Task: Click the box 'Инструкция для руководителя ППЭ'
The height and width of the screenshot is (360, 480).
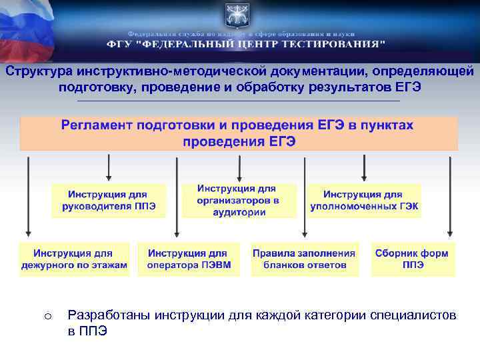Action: (109, 200)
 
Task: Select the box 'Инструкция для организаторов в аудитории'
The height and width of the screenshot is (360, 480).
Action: (238, 200)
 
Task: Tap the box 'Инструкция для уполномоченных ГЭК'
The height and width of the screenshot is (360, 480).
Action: (364, 200)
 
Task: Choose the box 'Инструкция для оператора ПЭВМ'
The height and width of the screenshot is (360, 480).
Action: (188, 259)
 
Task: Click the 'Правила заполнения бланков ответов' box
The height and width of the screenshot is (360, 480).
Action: (304, 259)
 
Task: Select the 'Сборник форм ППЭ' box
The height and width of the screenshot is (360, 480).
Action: (412, 259)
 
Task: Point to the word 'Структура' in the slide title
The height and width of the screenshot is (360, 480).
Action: (37, 71)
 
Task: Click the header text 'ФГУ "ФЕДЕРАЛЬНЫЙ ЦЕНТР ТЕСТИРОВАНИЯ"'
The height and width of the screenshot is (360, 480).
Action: (246, 44)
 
